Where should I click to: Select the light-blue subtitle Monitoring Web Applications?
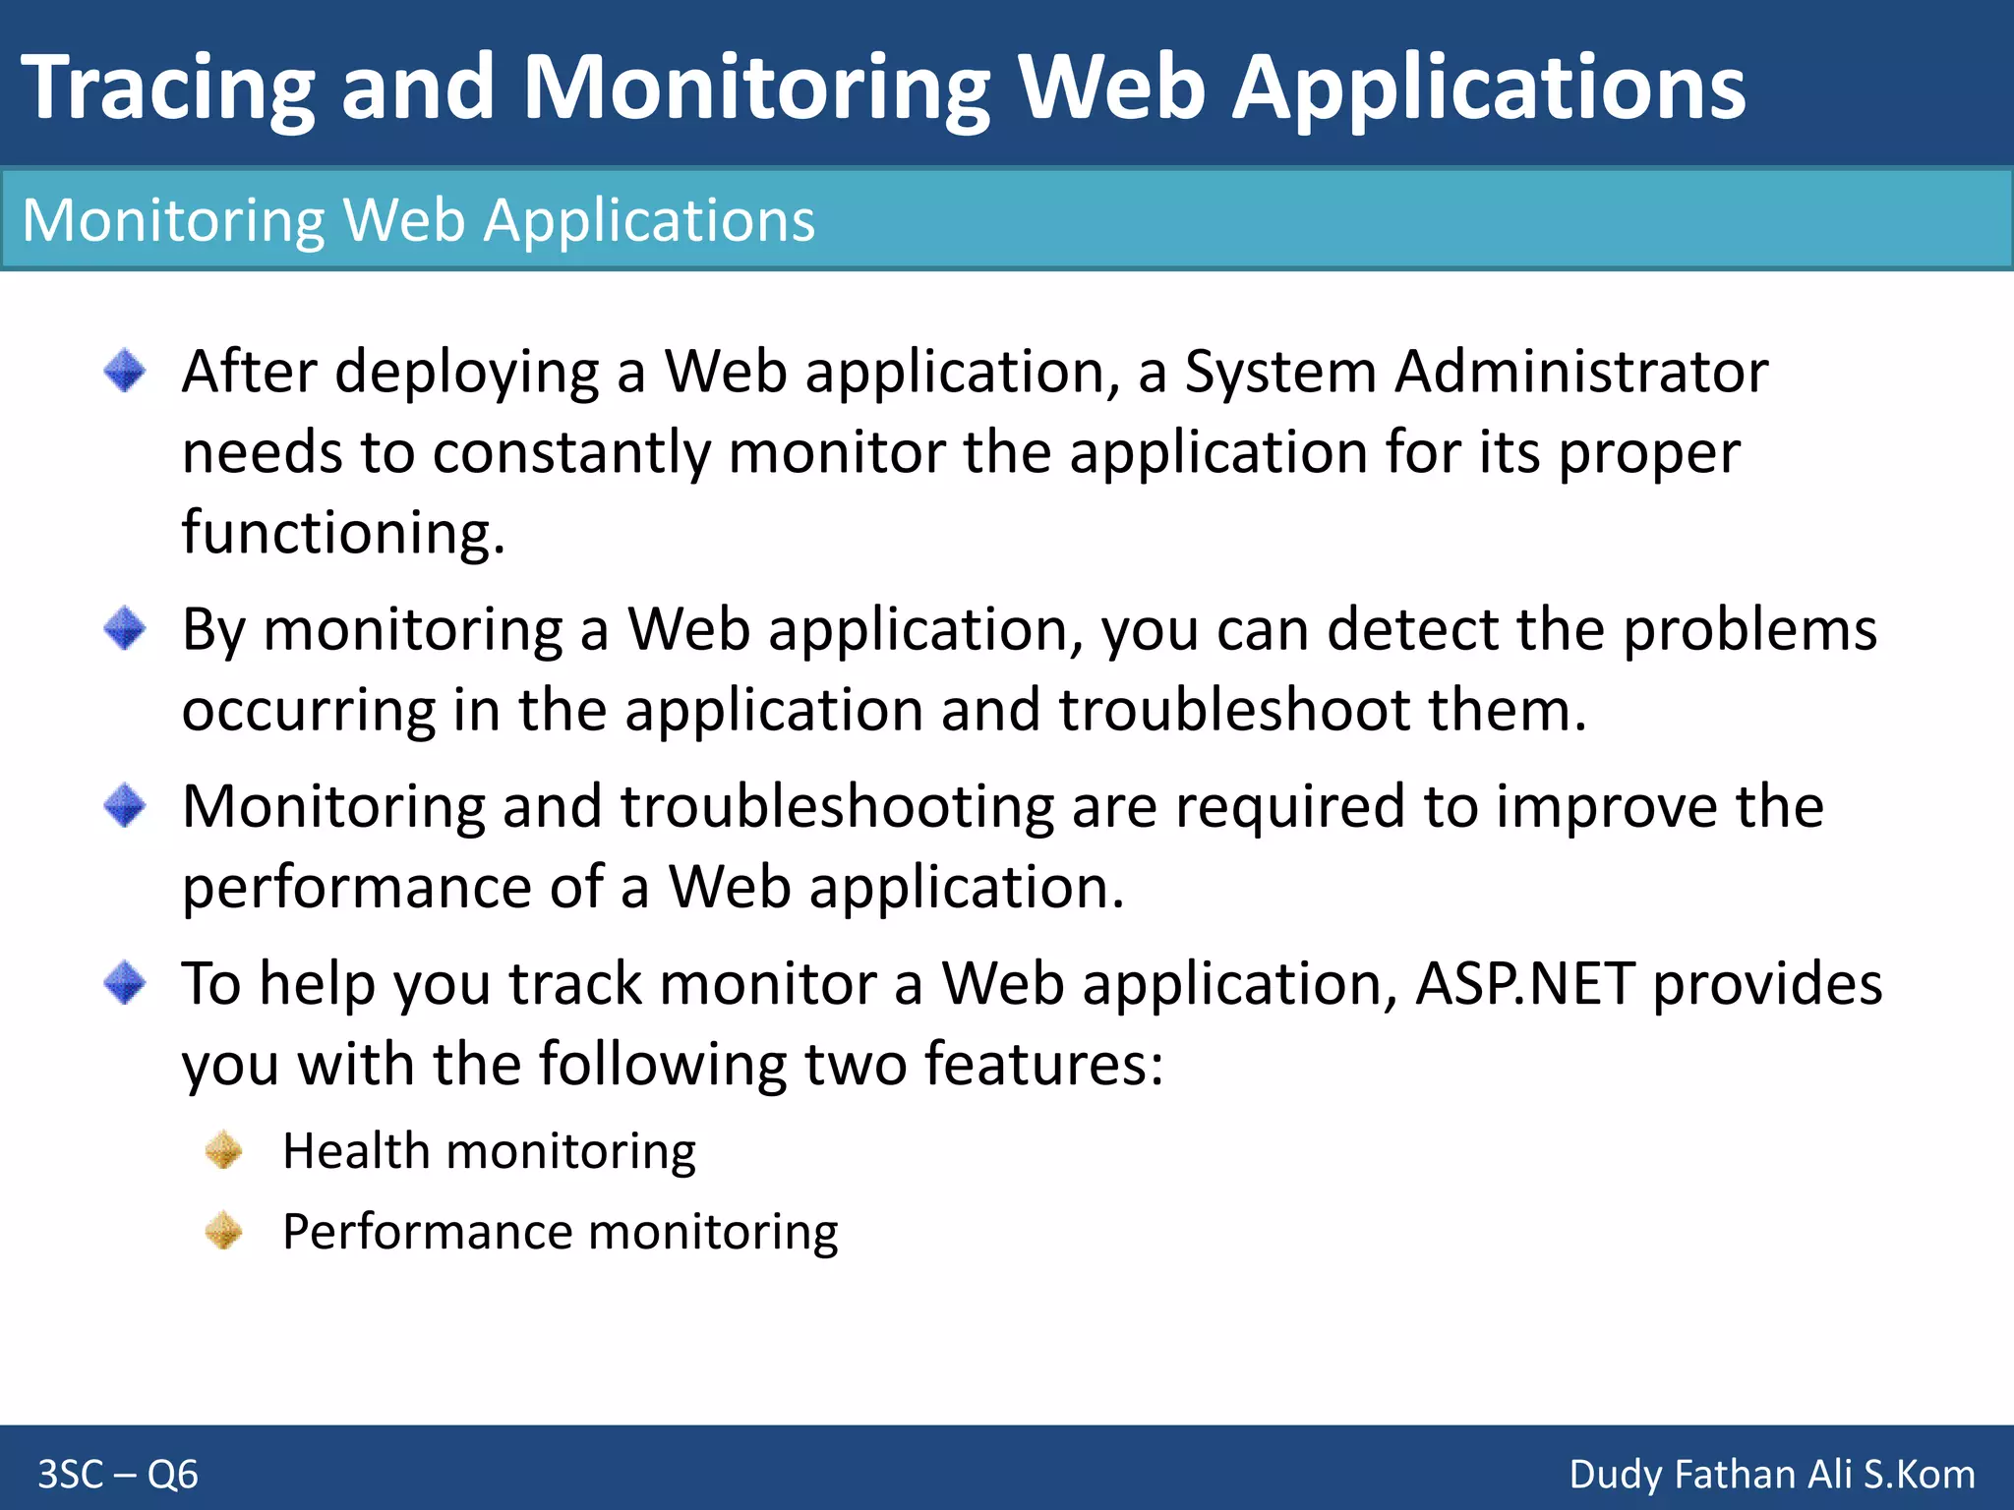pos(418,220)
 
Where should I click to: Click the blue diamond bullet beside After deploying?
pos(125,372)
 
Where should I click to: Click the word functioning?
pos(342,533)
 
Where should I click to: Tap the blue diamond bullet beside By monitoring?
pos(125,628)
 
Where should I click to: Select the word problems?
pos(1749,630)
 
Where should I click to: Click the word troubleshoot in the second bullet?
pos(1234,711)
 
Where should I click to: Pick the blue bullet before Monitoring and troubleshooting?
pos(125,806)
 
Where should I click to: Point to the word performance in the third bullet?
pos(356,889)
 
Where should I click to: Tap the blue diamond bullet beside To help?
pos(125,983)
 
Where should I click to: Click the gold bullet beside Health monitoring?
pos(224,1150)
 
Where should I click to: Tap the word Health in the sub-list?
pos(355,1150)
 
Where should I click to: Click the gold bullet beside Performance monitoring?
pos(224,1231)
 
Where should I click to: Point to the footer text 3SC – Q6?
pos(118,1475)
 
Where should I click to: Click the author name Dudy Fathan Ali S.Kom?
pos(1771,1475)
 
